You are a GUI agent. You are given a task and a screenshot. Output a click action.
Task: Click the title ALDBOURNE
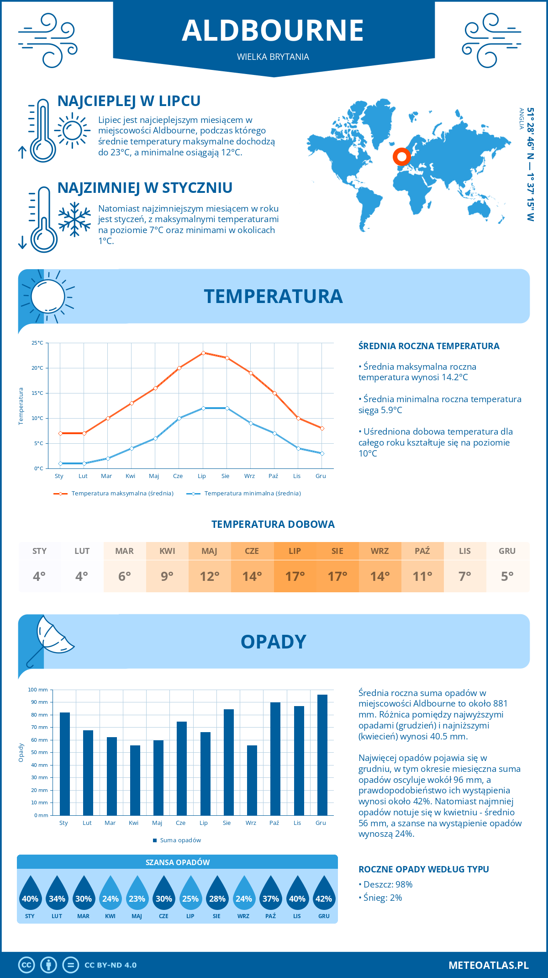point(273,31)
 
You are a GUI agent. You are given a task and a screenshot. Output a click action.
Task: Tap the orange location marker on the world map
point(402,157)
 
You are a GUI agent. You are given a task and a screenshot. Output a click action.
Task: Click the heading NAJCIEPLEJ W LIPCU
point(129,101)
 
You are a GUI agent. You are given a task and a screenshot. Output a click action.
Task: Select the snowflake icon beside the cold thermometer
point(74,219)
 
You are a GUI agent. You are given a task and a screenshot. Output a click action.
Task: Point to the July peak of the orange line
point(203,353)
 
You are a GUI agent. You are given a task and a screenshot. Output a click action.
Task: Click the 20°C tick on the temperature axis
point(37,368)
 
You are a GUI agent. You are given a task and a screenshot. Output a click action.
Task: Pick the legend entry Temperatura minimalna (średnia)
point(252,494)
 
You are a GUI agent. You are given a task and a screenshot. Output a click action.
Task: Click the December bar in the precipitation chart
point(322,755)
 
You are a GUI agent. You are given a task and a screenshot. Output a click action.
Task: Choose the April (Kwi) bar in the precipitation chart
point(135,780)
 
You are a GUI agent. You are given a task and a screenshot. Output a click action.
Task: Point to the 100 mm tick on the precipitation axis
point(38,690)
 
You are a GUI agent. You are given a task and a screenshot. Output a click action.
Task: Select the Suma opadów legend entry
point(180,840)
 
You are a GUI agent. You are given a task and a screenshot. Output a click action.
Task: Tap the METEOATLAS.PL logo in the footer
point(488,965)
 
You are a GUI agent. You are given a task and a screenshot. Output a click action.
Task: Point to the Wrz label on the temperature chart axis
point(249,476)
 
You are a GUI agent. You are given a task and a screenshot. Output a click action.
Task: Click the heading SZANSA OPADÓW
point(178,862)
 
